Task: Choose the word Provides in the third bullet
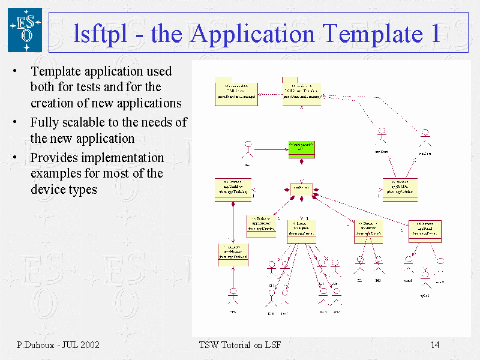[x=53, y=158]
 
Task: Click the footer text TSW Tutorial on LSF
[x=239, y=345]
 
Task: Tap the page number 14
[x=435, y=345]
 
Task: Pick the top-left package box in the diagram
[x=237, y=91]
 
